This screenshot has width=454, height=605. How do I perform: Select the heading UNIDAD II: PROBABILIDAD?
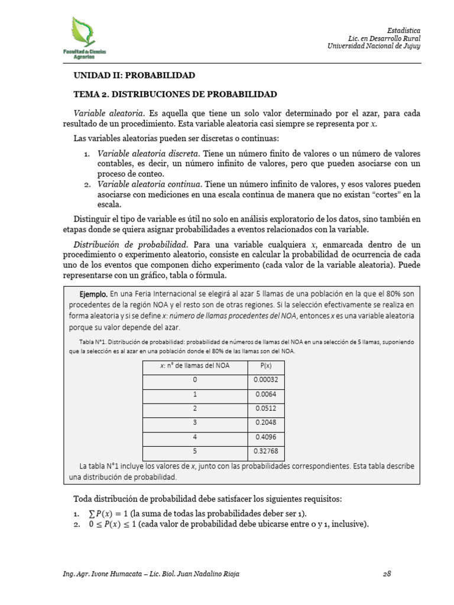click(134, 76)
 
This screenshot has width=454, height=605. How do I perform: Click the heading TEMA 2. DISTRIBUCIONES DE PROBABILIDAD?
click(175, 94)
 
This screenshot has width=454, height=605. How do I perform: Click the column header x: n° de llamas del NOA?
click(194, 365)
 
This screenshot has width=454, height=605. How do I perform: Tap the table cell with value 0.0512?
click(265, 409)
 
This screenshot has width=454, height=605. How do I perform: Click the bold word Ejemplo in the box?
click(93, 294)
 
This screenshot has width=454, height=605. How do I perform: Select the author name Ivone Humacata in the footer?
click(118, 574)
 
